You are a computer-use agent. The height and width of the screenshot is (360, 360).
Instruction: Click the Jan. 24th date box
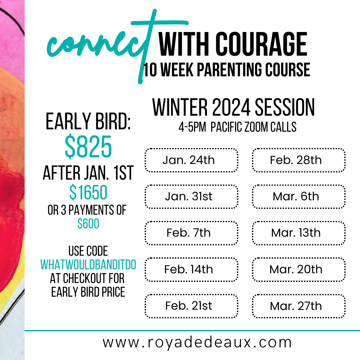tap(191, 160)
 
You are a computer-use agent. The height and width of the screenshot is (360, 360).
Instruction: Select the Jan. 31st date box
tap(191, 197)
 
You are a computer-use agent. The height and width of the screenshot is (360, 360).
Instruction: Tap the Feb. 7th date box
tap(191, 233)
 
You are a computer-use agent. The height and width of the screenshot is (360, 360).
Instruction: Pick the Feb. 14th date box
tap(191, 269)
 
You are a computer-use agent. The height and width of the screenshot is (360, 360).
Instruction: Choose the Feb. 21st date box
tap(191, 306)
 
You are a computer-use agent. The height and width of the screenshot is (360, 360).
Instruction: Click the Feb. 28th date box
tap(299, 160)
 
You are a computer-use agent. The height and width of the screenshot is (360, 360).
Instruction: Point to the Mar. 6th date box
tap(299, 197)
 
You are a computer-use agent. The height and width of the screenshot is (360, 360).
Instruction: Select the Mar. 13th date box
tap(299, 233)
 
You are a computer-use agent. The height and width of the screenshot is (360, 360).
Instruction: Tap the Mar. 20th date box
tap(299, 269)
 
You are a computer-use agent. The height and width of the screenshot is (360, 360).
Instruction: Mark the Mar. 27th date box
tap(299, 306)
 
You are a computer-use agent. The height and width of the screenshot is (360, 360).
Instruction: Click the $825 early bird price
tap(88, 147)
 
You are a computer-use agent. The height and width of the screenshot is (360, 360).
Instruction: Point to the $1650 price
tap(88, 192)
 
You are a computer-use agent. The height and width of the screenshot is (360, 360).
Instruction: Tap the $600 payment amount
tap(88, 224)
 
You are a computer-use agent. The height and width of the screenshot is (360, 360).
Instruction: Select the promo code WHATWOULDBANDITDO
tap(88, 265)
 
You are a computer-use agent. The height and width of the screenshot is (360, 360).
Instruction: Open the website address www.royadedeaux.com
tap(197, 342)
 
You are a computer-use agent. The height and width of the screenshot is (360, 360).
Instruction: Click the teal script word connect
tap(100, 45)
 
